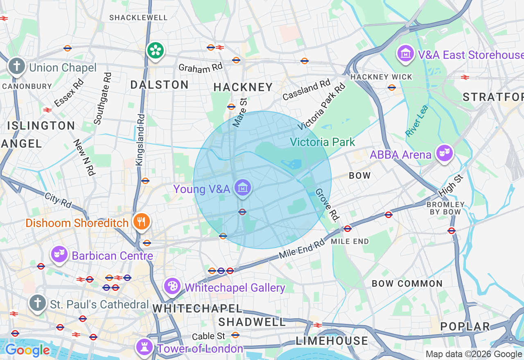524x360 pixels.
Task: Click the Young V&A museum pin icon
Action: [243, 188]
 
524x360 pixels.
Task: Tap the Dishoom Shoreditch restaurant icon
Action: [142, 222]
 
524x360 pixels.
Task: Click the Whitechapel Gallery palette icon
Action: [172, 286]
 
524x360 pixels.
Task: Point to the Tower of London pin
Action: [144, 347]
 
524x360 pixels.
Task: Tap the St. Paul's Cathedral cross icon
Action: [38, 303]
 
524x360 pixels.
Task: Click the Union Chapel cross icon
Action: [17, 66]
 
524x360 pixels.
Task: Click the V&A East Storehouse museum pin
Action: [405, 53]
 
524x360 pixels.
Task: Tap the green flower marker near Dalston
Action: [156, 51]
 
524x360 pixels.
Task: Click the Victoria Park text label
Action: [323, 142]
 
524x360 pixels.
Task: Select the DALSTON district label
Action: [159, 85]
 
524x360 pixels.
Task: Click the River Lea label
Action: [417, 121]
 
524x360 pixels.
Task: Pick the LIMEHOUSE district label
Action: [332, 341]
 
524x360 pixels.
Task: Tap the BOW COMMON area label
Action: [407, 283]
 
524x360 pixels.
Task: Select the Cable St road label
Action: [208, 336]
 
